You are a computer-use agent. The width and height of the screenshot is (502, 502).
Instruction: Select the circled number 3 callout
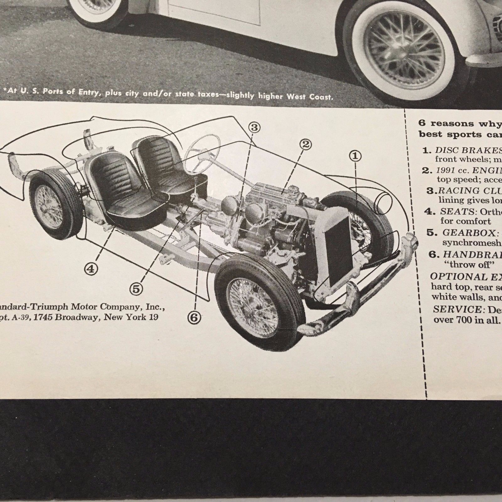pyautogui.click(x=254, y=127)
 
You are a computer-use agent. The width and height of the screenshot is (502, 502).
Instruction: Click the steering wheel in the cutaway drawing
pyautogui.click(x=201, y=150)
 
